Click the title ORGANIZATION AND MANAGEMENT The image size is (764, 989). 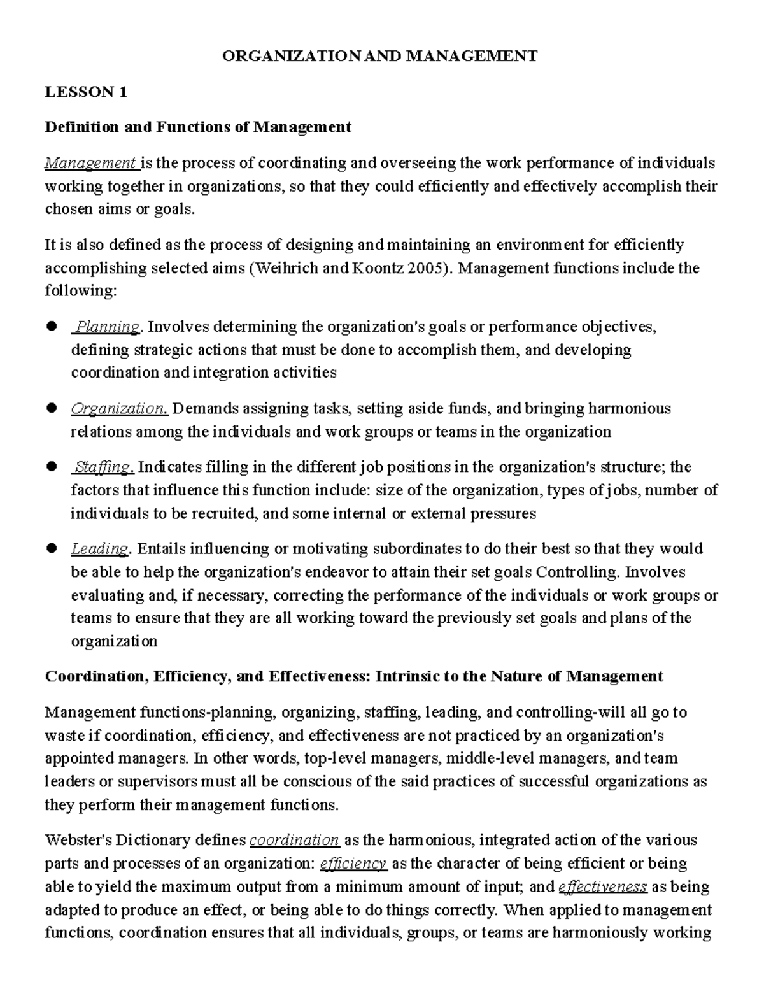[379, 56]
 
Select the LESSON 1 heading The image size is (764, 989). [85, 92]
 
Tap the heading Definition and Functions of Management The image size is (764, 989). [197, 127]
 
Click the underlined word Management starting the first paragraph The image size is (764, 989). [91, 164]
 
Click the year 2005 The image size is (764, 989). [428, 268]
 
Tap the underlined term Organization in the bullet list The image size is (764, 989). [118, 409]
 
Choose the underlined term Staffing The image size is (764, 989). [103, 467]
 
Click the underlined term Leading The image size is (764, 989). [100, 549]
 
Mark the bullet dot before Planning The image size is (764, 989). [52, 327]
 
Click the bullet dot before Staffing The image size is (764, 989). [52, 467]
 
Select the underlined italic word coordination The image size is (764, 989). [294, 840]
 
